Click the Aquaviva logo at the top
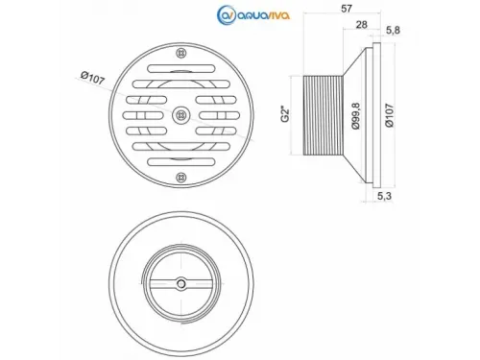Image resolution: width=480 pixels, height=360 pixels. click(x=253, y=14)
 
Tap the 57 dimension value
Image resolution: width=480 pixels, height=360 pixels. click(x=347, y=9)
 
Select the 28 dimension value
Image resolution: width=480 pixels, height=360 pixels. click(x=361, y=25)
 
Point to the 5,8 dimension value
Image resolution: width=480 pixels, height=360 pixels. click(x=393, y=31)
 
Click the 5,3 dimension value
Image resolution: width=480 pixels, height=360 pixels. click(x=384, y=196)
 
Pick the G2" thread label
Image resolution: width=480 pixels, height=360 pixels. click(x=285, y=115)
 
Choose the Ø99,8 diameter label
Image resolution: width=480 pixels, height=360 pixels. click(x=355, y=115)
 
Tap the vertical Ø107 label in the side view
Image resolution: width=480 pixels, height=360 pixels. click(x=390, y=115)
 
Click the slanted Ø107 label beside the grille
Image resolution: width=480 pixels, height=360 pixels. click(x=93, y=78)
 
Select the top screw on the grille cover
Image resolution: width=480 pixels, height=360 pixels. click(x=181, y=53)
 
